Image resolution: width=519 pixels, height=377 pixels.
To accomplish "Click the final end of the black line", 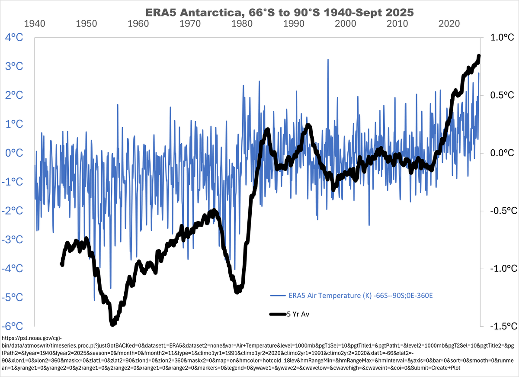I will pos(479,56).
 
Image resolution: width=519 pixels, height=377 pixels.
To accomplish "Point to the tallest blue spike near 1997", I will pos(328,59).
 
